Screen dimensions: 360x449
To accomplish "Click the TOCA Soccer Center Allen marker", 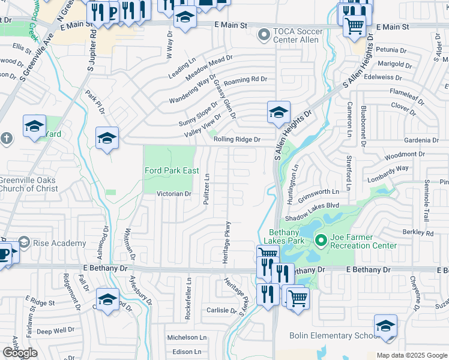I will pyautogui.click(x=263, y=35).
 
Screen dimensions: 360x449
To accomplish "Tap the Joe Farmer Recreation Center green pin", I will pyautogui.click(x=321, y=241).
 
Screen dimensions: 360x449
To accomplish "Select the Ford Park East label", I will pyautogui.click(x=172, y=171).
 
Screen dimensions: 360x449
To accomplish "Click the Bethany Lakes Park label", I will pyautogui.click(x=283, y=236).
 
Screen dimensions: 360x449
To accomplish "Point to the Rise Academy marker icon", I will pyautogui.click(x=23, y=242).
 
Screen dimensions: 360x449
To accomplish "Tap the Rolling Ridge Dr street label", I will pyautogui.click(x=237, y=140).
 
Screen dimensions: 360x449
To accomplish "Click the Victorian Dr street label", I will pyautogui.click(x=173, y=194).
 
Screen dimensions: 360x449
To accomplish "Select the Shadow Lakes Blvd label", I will pyautogui.click(x=313, y=205).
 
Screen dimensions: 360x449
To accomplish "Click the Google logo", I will pyautogui.click(x=20, y=353).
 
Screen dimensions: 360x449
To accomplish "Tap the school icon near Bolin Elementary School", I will pyautogui.click(x=385, y=326).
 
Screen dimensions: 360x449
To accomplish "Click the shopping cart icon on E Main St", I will pyautogui.click(x=354, y=26).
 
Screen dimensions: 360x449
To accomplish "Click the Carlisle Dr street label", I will pyautogui.click(x=221, y=311).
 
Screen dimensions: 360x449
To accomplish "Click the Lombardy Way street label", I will pyautogui.click(x=388, y=171).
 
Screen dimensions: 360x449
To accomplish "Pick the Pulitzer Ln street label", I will pyautogui.click(x=206, y=189).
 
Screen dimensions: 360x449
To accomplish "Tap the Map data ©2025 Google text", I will pyautogui.click(x=411, y=355).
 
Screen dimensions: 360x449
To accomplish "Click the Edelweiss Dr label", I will pyautogui.click(x=391, y=77).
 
